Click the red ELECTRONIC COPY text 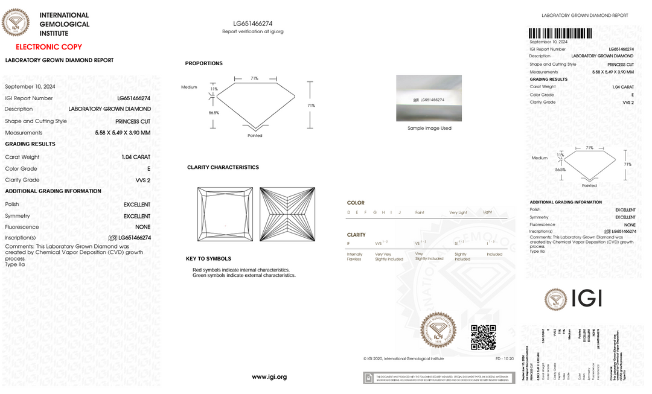[x=48, y=46]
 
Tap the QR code [x=483, y=337]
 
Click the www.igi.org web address [x=269, y=377]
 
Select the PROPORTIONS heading [x=203, y=63]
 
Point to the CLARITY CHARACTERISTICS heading [x=223, y=167]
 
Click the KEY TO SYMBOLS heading [x=208, y=259]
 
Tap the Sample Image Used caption [x=429, y=128]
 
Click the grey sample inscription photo [x=429, y=98]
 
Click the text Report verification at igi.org [x=252, y=31]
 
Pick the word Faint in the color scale [x=420, y=212]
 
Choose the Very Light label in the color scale [x=458, y=212]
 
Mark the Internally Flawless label [x=354, y=256]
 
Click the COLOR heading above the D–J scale [x=356, y=203]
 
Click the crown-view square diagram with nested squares [x=225, y=214]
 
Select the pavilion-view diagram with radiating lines [x=287, y=214]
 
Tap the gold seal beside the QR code [x=438, y=330]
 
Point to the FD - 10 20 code [x=505, y=358]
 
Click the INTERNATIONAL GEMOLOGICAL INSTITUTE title [x=64, y=24]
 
